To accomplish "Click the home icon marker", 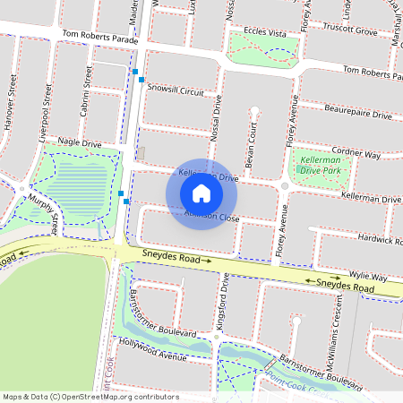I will pos(201,193).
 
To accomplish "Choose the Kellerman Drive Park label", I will pos(320,164).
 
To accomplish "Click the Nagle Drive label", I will pos(81,142).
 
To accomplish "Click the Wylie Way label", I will pos(367,278).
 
